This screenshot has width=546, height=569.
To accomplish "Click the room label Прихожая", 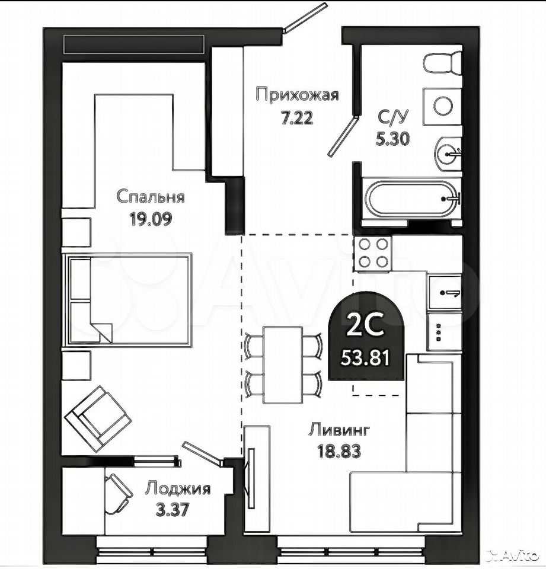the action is (x=297, y=95).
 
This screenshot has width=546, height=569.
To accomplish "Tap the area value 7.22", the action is (x=298, y=118).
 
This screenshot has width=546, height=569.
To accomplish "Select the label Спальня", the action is (x=151, y=197).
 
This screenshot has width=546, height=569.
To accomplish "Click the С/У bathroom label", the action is (x=393, y=117).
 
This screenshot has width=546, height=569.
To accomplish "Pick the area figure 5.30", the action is (x=393, y=138).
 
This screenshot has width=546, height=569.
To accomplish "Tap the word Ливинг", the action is (x=339, y=430).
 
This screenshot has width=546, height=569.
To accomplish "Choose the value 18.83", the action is (x=339, y=452).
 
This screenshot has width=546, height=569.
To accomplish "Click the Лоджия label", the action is (x=178, y=488).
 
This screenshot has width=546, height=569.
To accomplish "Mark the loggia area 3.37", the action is (x=173, y=510).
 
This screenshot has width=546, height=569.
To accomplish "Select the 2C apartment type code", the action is (x=365, y=325).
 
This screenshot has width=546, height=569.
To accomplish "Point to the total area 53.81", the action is (x=365, y=359).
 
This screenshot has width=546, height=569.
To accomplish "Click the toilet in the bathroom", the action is (x=442, y=64).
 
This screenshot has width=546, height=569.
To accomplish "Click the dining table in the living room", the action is (x=283, y=365).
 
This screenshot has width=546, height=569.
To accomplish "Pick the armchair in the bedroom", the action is (x=98, y=418).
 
